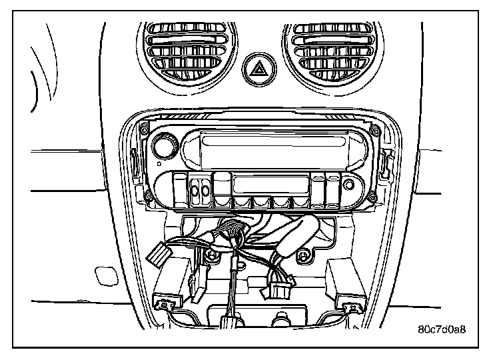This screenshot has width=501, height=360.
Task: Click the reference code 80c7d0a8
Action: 441,329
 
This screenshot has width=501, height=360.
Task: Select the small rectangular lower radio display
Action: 270,184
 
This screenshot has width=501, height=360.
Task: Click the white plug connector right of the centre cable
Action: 278,289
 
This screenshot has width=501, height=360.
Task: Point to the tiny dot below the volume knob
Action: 159,163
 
